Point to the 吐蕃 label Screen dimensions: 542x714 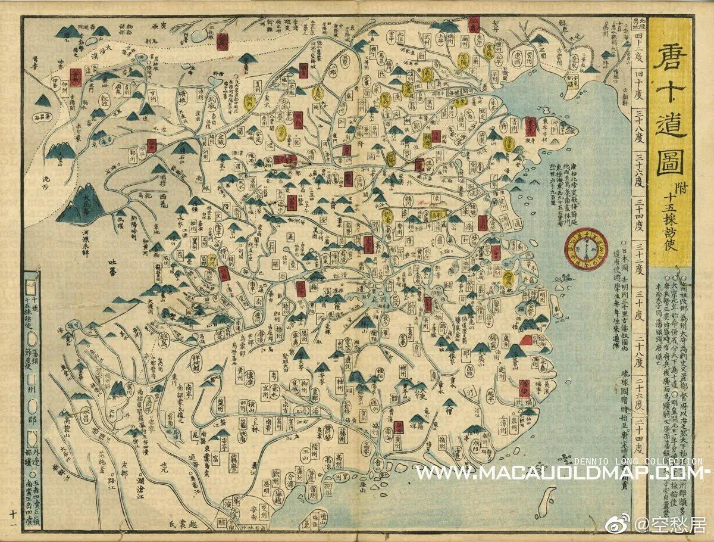click(111, 266)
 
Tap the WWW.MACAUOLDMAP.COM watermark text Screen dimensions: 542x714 click(559, 473)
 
